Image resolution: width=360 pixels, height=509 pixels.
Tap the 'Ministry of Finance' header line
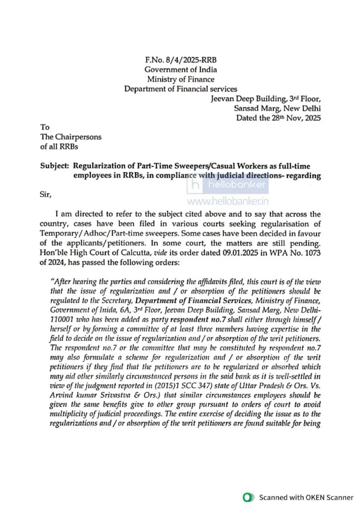pos(180,79)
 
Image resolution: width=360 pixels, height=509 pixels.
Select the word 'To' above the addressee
pos(45,127)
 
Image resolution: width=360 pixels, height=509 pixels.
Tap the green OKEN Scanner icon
pos(247,497)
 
